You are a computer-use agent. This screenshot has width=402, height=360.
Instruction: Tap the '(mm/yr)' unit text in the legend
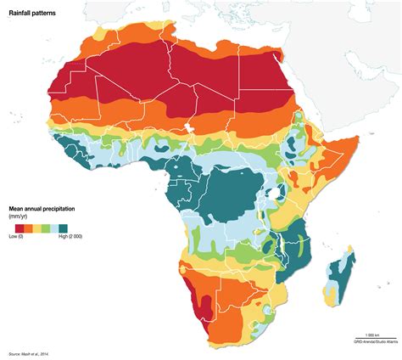18,217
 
